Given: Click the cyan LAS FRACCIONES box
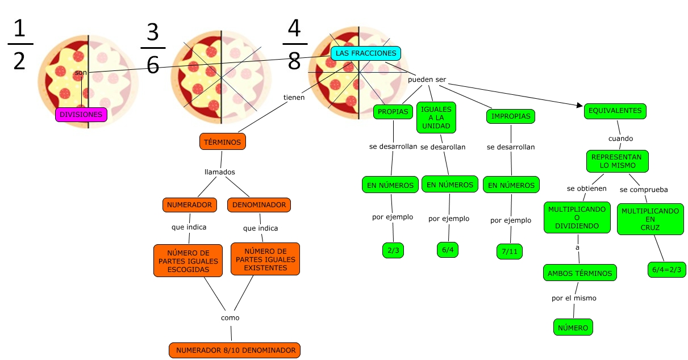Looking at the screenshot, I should coord(366,53).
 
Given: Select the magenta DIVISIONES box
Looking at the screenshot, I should coord(81,115).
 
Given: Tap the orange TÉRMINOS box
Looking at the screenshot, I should coord(223,142).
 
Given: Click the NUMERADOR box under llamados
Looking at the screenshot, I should coord(189,204).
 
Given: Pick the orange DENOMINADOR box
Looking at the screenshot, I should coord(259,204).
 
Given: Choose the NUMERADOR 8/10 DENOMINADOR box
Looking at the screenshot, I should coord(235,350).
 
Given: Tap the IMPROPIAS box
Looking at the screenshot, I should coord(511,116).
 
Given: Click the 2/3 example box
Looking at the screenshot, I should coord(393,250).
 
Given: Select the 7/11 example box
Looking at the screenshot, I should coord(509,251).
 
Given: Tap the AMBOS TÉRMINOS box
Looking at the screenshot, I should coord(579,273).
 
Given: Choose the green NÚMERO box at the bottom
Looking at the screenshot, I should coord(573,327).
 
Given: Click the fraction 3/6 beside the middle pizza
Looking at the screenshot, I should coord(152,49).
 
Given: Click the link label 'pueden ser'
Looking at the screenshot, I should coord(427,79).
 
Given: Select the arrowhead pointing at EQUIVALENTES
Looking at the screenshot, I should coord(578,106).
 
